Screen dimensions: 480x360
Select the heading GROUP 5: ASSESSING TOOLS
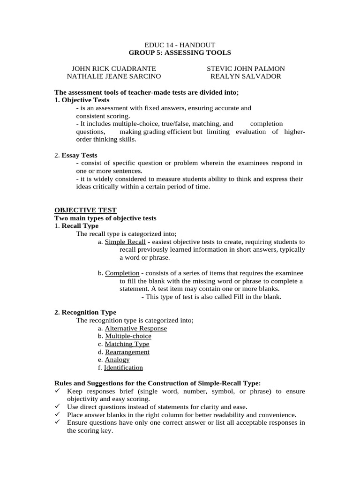click(x=180, y=52)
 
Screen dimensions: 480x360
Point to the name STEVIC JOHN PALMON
click(x=246, y=68)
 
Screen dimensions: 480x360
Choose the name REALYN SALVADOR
click(x=246, y=76)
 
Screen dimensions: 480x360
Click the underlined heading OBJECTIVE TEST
click(x=85, y=210)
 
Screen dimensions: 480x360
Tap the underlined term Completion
click(x=122, y=273)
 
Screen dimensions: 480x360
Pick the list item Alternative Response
click(x=135, y=328)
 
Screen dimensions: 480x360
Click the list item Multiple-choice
click(x=128, y=336)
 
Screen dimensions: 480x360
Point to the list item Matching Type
click(x=127, y=344)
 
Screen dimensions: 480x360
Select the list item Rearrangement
click(x=127, y=352)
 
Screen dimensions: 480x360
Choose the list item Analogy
click(x=117, y=360)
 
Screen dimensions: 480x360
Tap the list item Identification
click(x=123, y=367)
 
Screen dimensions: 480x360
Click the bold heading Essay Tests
click(x=80, y=155)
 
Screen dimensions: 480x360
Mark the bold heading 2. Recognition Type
click(x=85, y=312)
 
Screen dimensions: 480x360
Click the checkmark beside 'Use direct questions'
click(x=58, y=406)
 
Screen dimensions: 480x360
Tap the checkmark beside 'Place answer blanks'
click(x=58, y=414)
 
